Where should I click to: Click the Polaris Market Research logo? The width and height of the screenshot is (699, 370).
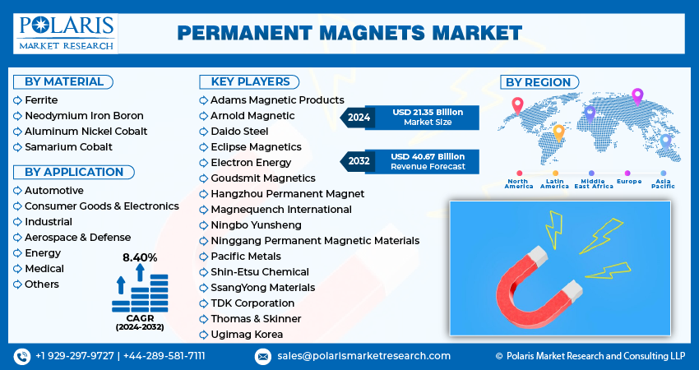click(x=65, y=33)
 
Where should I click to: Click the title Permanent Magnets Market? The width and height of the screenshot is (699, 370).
click(x=349, y=33)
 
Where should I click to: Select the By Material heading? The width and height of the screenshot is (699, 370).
click(x=64, y=81)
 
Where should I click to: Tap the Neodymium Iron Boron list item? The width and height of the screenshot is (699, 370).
click(x=84, y=115)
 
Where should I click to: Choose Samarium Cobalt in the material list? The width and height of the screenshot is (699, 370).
click(x=68, y=146)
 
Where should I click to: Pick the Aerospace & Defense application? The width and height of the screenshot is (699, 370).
click(x=77, y=237)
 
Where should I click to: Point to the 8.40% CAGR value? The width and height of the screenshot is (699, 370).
click(x=140, y=257)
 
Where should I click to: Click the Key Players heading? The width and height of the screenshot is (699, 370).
click(x=250, y=81)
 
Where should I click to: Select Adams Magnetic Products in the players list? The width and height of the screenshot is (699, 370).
click(x=276, y=99)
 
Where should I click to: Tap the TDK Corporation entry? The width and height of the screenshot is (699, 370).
click(x=252, y=303)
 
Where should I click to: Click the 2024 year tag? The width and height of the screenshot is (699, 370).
click(x=359, y=118)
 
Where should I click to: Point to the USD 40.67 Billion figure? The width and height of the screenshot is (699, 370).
click(x=427, y=156)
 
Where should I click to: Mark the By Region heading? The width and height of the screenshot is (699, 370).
click(x=538, y=82)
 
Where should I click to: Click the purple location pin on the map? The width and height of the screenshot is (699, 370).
click(x=637, y=95)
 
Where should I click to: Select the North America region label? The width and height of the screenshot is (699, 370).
click(x=519, y=183)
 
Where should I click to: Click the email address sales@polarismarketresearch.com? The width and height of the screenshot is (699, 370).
click(x=363, y=356)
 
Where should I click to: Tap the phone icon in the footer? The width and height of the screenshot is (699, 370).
click(x=21, y=356)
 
